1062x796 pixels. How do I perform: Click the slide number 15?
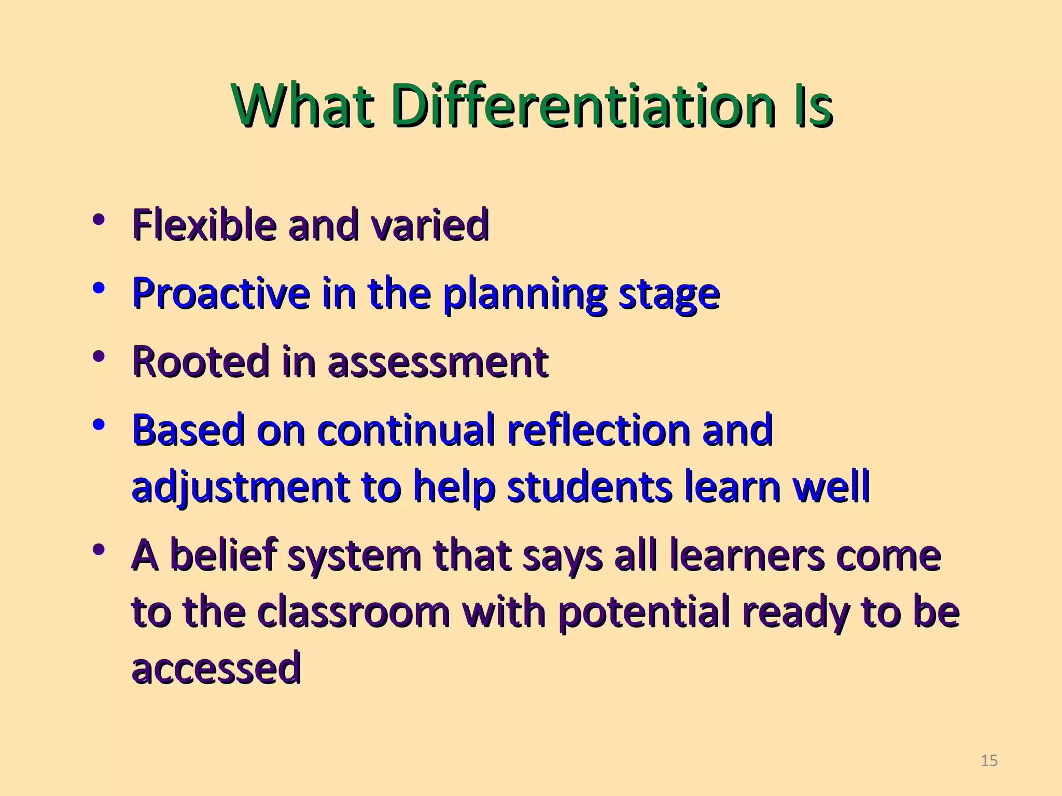click(989, 760)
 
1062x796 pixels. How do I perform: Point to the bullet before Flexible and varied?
click(98, 220)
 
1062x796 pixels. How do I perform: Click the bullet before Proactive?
click(98, 288)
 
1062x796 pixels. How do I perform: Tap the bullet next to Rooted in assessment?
click(98, 357)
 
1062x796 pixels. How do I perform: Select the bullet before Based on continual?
click(98, 425)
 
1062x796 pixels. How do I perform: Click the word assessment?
click(438, 362)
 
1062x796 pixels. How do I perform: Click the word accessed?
click(216, 669)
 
